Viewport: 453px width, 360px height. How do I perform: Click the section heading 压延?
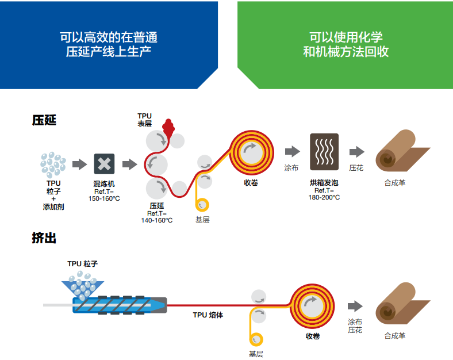coord(44,121)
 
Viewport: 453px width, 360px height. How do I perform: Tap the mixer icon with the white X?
coord(104,164)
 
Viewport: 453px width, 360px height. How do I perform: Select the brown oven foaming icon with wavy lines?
coord(324,152)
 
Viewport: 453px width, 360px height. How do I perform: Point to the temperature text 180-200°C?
coord(324,197)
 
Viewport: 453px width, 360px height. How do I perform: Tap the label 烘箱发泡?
coord(324,183)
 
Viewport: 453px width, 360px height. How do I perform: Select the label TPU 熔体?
coord(208,315)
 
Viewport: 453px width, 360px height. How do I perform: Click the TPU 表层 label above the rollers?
coord(144,120)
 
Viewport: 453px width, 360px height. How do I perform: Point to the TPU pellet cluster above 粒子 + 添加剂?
coord(53,164)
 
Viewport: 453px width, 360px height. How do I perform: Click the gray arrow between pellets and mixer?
coord(79,164)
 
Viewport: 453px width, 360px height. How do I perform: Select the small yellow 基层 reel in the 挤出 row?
coord(255,340)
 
